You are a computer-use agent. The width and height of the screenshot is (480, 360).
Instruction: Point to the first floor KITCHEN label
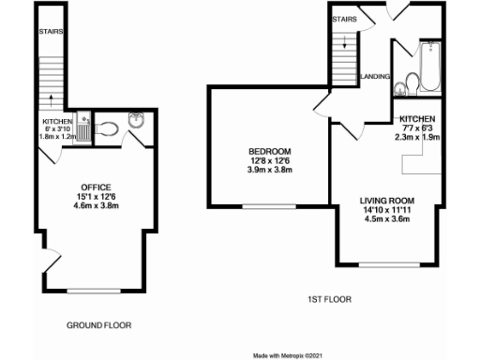417,120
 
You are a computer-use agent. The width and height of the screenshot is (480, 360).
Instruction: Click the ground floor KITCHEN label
56,122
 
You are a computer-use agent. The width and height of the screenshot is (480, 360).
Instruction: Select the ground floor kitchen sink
83,121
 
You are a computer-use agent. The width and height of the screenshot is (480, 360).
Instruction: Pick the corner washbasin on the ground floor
133,120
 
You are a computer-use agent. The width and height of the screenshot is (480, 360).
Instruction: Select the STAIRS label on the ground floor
51,30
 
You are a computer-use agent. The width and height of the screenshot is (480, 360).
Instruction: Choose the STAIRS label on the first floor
345,18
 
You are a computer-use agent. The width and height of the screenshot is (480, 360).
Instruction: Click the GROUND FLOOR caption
98,325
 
